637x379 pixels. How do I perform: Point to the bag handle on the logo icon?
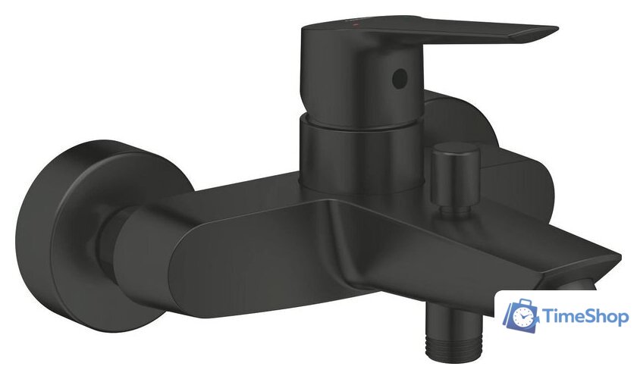[x=520, y=304]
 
